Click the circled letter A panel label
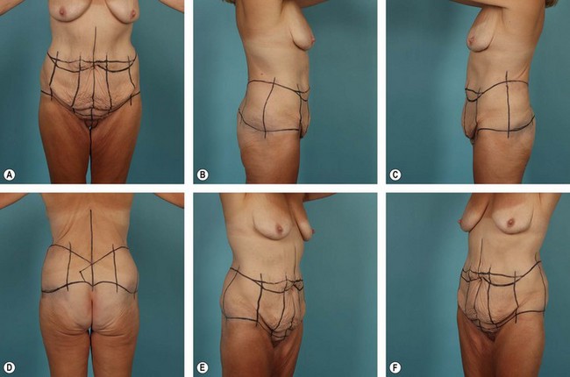pos(9,174)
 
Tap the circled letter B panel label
pos(202,174)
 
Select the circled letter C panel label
pos(395,174)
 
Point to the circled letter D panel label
pos(9,367)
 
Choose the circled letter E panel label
pos(202,367)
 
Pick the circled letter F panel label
pos(395,367)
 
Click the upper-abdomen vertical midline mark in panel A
pos(95,44)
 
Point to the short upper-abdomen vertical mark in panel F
pos(481,253)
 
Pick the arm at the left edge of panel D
pos(13,200)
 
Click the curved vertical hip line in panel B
pos(268,108)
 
